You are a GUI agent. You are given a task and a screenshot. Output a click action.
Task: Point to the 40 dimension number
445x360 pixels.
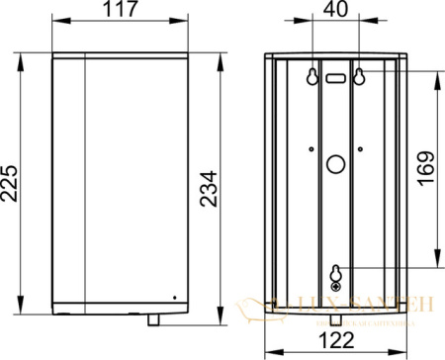point(335,13)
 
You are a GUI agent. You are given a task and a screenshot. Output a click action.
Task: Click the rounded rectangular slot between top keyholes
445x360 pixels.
point(335,76)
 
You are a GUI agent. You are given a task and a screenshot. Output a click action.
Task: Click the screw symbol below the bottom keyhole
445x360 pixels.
point(335,286)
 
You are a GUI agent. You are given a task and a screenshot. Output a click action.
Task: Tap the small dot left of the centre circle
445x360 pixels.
point(311,148)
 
